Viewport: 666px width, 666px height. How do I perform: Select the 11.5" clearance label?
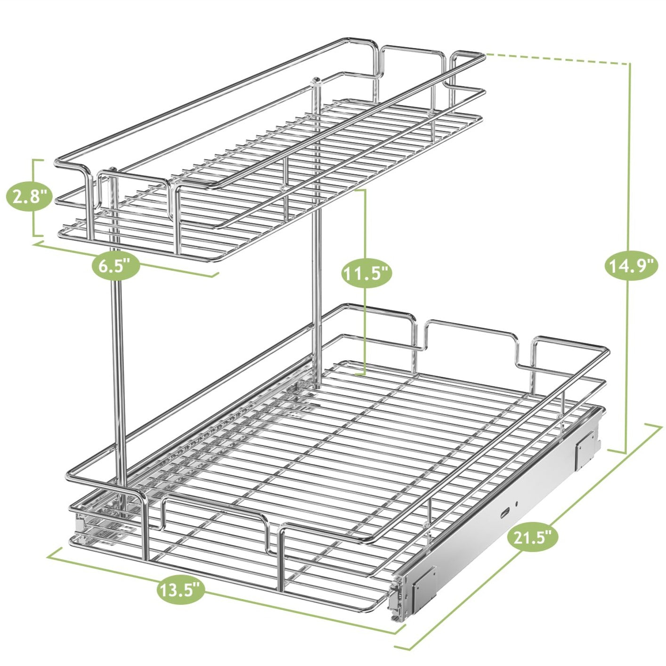point(366,274)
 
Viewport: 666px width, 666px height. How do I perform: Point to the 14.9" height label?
point(631,266)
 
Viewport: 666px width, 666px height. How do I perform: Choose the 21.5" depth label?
point(532,537)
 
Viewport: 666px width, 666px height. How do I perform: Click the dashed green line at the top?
point(556,57)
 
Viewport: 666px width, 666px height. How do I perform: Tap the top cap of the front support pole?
point(113,169)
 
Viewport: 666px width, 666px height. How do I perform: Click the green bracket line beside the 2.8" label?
point(34,198)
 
